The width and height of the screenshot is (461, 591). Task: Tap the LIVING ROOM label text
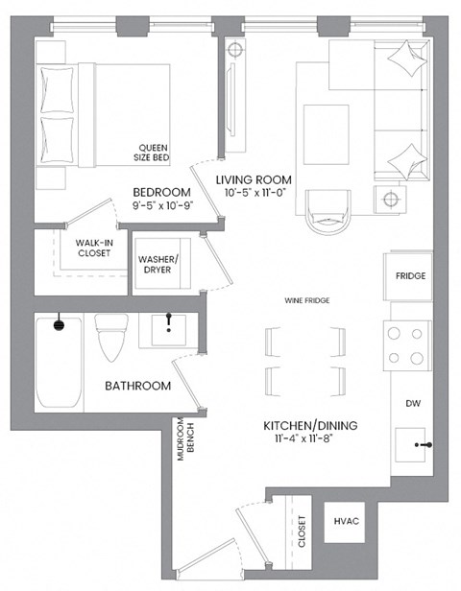tap(254, 180)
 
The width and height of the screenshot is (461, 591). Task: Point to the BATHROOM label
tap(138, 386)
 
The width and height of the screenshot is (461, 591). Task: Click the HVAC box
tap(345, 521)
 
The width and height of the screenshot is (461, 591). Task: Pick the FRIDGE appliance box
tap(410, 276)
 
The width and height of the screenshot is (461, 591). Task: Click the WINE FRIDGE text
tap(307, 301)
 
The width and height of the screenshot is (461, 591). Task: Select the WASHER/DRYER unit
tap(164, 265)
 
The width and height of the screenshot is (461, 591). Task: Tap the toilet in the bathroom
tap(111, 338)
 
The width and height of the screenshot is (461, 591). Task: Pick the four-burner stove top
tap(405, 345)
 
